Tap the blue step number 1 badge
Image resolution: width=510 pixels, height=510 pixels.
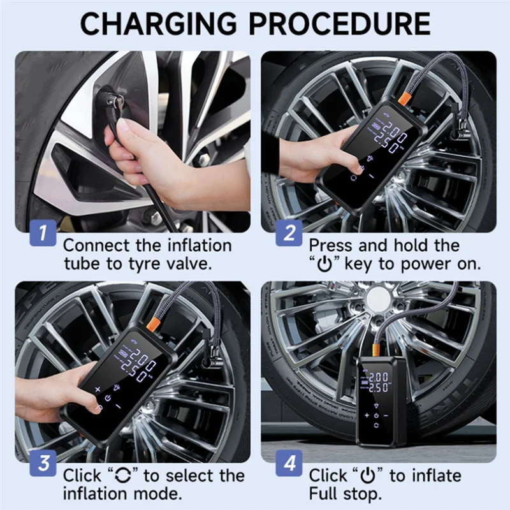pos(43,233)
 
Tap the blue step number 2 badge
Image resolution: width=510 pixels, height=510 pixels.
pos(289,233)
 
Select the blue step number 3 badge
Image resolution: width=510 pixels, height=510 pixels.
pos(43,463)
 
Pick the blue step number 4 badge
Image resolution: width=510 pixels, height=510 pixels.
pos(289,463)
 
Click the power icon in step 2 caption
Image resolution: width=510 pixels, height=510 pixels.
pos(324,265)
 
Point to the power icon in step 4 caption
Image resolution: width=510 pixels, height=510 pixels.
pos(368,476)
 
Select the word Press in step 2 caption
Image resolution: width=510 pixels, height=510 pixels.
pos(330,245)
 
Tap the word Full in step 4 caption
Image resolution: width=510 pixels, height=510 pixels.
pos(323,493)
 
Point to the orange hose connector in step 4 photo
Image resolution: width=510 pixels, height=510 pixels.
pos(376,351)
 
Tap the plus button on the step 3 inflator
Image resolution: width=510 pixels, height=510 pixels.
pos(98,389)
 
